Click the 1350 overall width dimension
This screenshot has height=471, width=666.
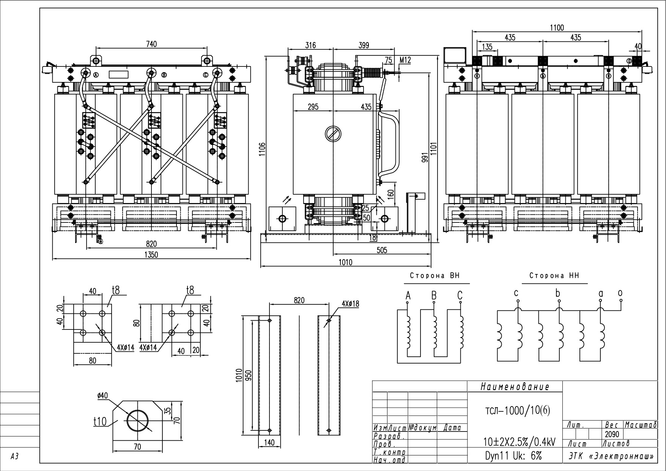pos(151,255)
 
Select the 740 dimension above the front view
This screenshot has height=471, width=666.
pos(151,44)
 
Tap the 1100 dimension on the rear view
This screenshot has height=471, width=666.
pos(557,28)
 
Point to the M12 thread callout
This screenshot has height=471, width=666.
pos(405,60)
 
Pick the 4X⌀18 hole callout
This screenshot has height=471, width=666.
pos(350,304)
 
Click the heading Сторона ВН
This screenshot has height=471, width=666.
pos(435,276)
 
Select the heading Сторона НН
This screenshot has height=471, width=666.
pos(554,276)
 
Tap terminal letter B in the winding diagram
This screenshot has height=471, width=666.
pos(434,295)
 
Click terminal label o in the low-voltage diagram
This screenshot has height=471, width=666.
pos(620,293)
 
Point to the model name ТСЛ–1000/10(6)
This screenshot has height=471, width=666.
pos(518,411)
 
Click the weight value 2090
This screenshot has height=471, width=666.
pos(611,434)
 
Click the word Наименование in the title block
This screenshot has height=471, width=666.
pos(515,387)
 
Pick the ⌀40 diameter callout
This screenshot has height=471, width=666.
pos(102,395)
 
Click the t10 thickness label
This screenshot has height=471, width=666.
pos(101,422)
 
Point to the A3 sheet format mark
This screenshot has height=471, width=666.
pos(14,457)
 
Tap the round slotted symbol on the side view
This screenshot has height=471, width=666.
pos(333,134)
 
